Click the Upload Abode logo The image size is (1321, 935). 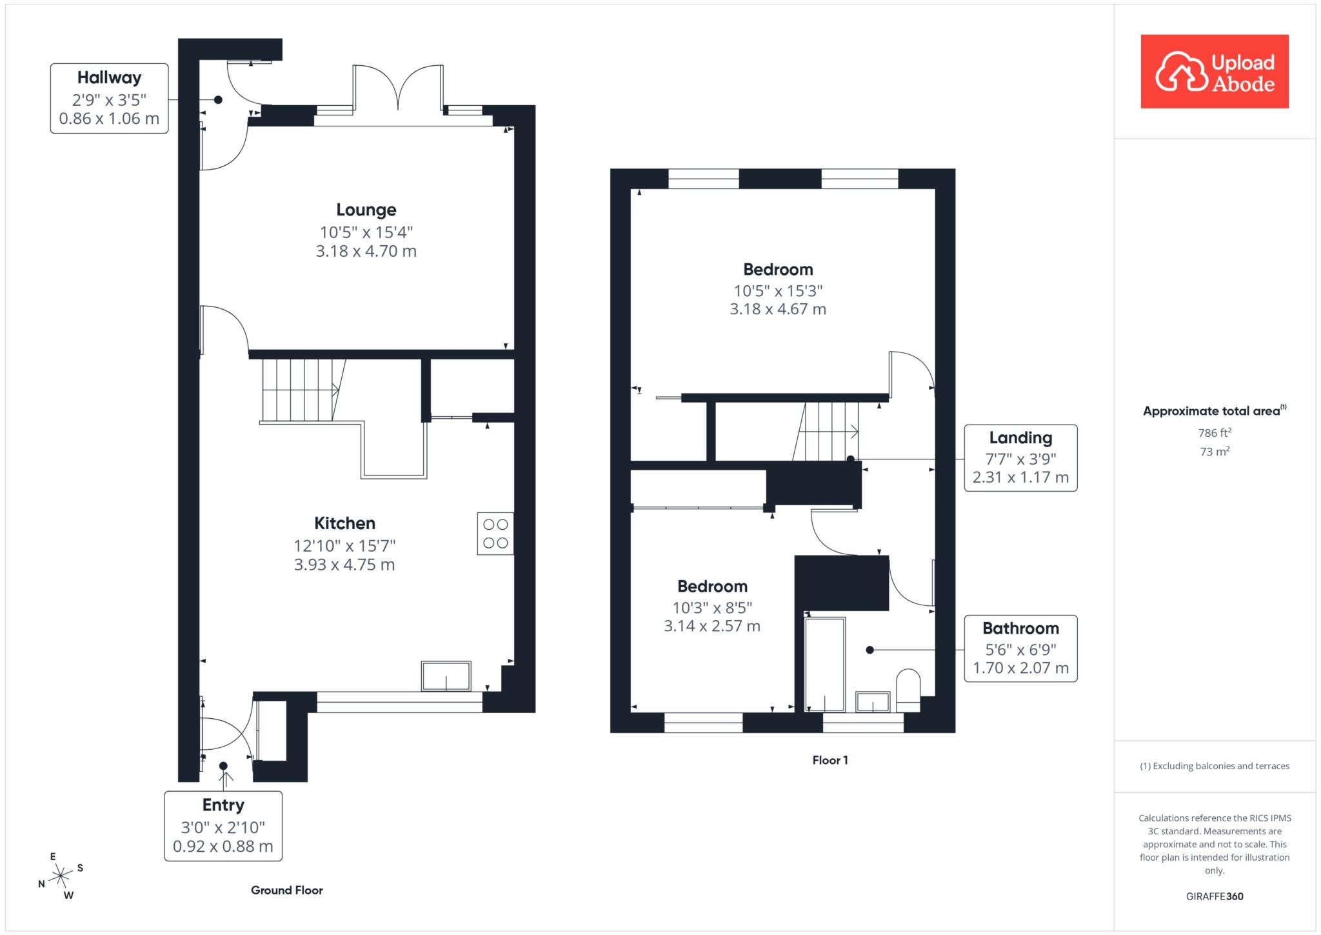[1215, 71]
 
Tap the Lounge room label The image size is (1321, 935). [366, 210]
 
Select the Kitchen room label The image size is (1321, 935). [344, 523]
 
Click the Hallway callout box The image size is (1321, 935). [110, 98]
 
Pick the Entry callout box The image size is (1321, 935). [223, 826]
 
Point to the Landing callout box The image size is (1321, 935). [1020, 458]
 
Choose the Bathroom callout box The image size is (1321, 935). [1020, 648]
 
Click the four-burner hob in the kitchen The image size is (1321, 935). [495, 534]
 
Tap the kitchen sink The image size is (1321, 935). [446, 676]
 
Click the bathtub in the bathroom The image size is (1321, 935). [825, 665]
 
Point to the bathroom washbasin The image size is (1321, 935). [873, 702]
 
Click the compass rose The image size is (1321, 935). [61, 876]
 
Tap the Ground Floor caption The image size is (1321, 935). [287, 890]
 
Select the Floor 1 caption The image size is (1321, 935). [830, 760]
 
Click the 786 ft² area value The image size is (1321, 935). [1215, 432]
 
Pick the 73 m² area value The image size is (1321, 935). [1215, 451]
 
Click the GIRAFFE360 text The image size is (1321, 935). [1215, 896]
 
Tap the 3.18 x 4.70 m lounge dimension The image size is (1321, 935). [366, 251]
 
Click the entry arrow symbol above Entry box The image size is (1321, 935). [226, 780]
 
